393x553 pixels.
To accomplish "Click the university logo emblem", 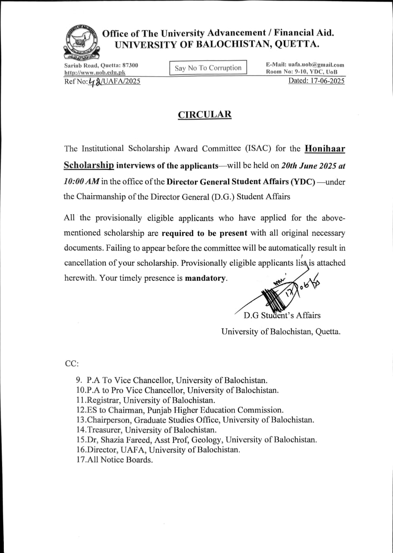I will pos(81,42).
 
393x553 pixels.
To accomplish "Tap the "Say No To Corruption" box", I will pos(208,68).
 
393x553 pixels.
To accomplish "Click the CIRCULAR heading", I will pos(205,114).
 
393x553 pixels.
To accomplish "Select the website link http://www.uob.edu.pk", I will pos(94,73).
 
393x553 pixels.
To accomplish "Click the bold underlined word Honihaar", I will pos(325,149).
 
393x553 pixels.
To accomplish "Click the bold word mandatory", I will pos(205,278).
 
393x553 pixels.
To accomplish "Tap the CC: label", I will pos(72,364).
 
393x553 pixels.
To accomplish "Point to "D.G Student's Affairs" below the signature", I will pos(282,315).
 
